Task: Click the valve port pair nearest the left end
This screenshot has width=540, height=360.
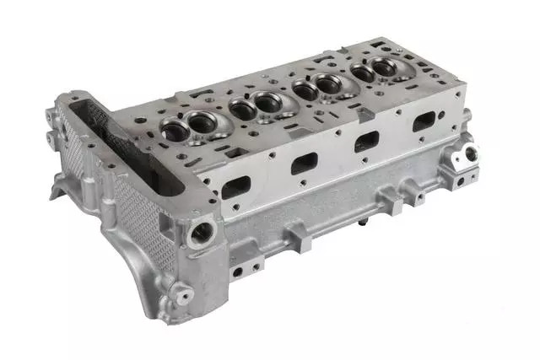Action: click(x=191, y=126)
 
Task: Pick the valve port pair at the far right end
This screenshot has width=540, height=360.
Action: click(x=375, y=71)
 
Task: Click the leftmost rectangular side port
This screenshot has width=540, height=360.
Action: click(x=236, y=186)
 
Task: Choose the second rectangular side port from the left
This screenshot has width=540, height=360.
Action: click(x=305, y=163)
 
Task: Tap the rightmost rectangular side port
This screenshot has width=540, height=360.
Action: click(x=424, y=123)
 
